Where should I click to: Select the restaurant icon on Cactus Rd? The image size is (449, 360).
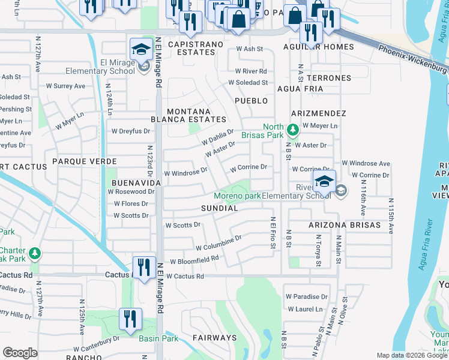tap(143, 267)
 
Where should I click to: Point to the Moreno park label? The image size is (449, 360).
tap(238, 196)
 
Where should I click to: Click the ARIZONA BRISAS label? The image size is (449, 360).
tap(345, 225)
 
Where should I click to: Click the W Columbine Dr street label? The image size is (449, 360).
tap(218, 242)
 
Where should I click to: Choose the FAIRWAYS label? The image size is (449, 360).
tap(215, 338)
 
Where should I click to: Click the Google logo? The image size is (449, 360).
tap(20, 353)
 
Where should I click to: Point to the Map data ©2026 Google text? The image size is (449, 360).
tap(412, 355)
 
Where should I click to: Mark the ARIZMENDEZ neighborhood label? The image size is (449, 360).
tap(319, 113)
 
